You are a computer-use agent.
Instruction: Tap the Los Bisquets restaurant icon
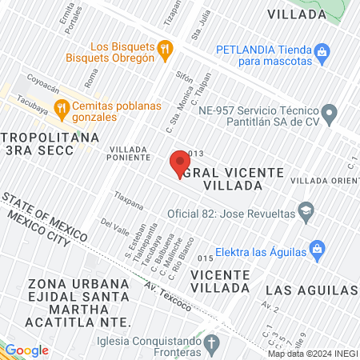[165, 50]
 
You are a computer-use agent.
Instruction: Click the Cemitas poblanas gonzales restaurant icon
[60, 107]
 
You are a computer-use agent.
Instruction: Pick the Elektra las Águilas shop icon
[316, 247]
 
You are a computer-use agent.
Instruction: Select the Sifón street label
[184, 79]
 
